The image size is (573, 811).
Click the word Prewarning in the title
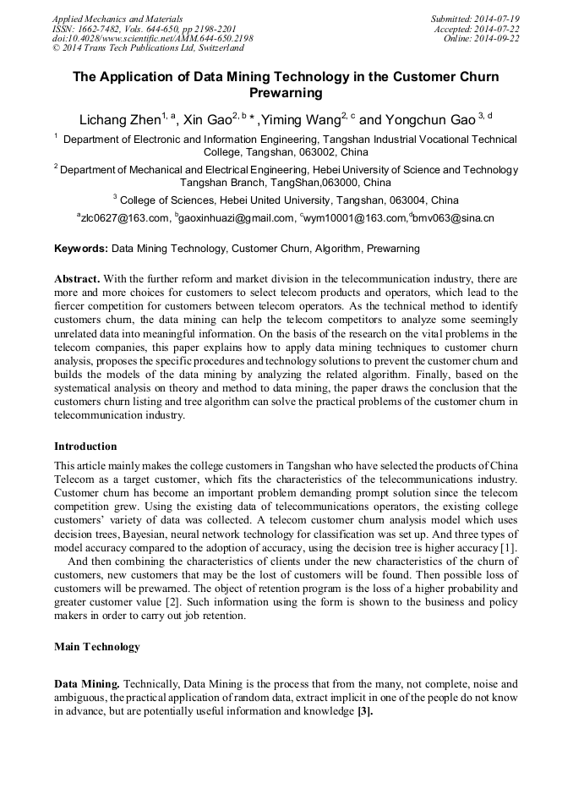pos(286,93)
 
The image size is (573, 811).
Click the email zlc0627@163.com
pos(124,218)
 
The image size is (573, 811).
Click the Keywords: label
pos(81,249)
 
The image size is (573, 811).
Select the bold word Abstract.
pos(77,278)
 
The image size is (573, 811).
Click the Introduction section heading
pos(85,446)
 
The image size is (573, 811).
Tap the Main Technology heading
pos(96,647)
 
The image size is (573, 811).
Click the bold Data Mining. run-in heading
pos(88,683)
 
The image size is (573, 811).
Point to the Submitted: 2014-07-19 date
pos(475,19)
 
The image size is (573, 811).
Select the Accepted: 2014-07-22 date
pos(477,29)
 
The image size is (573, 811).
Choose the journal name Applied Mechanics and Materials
pos(117,19)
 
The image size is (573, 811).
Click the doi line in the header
pos(152,39)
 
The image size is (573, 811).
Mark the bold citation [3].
pos(365,712)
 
